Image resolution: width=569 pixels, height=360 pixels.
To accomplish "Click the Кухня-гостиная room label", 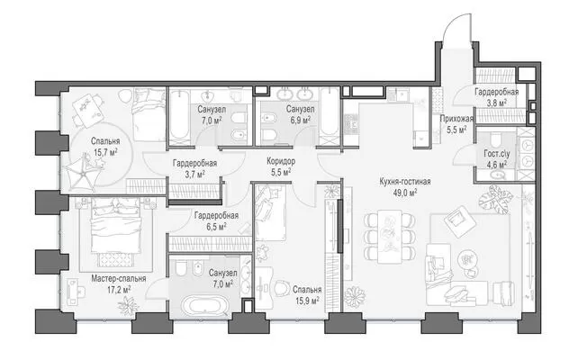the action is coord(405,182).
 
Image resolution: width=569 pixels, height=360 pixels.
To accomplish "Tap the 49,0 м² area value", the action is coord(405,193).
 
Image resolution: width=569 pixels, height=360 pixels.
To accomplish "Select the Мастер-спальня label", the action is coord(119,278).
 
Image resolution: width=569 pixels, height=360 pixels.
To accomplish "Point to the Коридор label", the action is coord(281,161).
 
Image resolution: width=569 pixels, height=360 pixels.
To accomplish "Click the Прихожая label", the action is coord(456,118).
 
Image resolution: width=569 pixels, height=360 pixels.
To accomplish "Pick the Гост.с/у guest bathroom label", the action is coord(497,154).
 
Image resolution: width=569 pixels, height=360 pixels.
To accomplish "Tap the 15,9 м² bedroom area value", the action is coord(307,301).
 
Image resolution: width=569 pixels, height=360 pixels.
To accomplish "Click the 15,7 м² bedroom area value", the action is coord(105,152).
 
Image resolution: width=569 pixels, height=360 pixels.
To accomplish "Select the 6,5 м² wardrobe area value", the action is coord(216,227).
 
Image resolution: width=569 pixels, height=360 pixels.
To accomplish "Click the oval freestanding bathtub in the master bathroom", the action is coord(200,306).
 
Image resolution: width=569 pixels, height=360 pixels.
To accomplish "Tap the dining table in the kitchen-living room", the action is coord(389,237).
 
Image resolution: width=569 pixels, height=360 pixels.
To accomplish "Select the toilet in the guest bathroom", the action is coord(495,139).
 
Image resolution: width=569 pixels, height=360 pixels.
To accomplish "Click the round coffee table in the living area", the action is coord(468,259).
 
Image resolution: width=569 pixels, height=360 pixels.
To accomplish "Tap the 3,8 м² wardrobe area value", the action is coord(496,103).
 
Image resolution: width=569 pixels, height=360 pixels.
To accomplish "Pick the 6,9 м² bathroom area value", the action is coord(300,120).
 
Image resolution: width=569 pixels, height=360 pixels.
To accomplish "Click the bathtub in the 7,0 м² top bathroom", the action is coord(180,115).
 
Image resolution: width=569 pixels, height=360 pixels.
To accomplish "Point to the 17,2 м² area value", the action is coord(119,290).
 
